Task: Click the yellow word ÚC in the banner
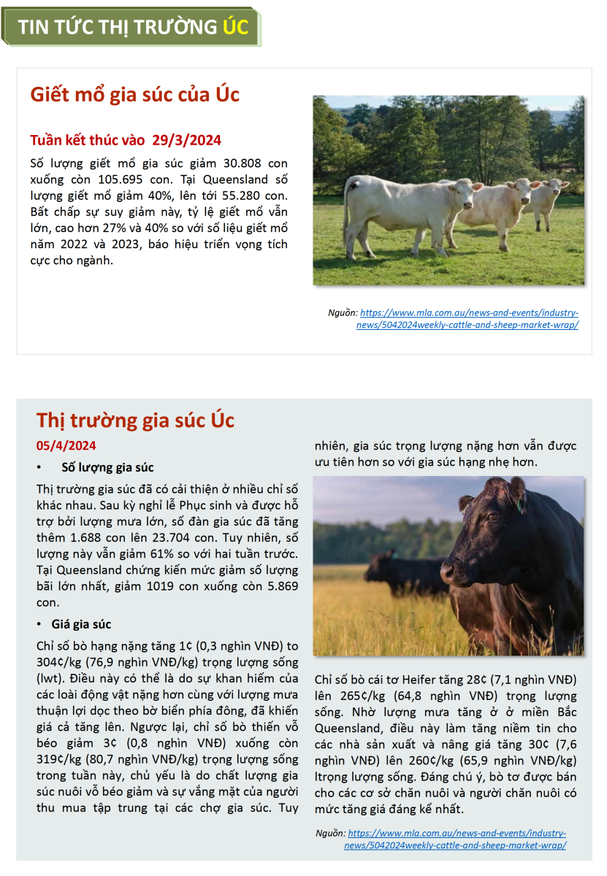coord(235,27)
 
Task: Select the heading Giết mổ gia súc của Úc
coord(134,95)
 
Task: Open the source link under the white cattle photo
coord(468,318)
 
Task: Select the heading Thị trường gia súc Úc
coord(135,420)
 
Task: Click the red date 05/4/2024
coord(66,446)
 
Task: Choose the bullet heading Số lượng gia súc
coord(107,467)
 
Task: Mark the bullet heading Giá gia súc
coord(81,624)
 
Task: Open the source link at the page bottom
coord(456,839)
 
